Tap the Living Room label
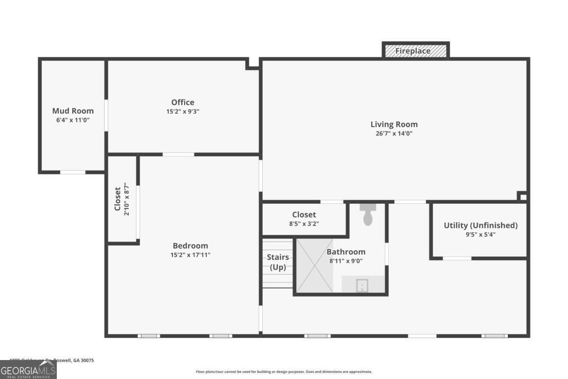tap(394, 125)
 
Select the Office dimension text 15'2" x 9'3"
tap(183, 112)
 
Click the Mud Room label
tap(73, 111)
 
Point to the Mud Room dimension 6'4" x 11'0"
tap(73, 120)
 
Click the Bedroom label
tap(190, 245)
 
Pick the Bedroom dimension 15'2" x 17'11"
tap(190, 255)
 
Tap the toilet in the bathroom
tap(367, 216)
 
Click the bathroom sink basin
tap(362, 286)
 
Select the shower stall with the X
tap(314, 265)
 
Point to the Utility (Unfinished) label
tap(480, 226)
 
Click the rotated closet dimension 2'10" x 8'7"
tap(126, 199)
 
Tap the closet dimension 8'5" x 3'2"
tap(304, 224)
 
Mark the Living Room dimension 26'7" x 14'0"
tap(394, 134)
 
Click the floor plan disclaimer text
tap(284, 372)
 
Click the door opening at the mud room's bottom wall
tap(72, 172)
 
